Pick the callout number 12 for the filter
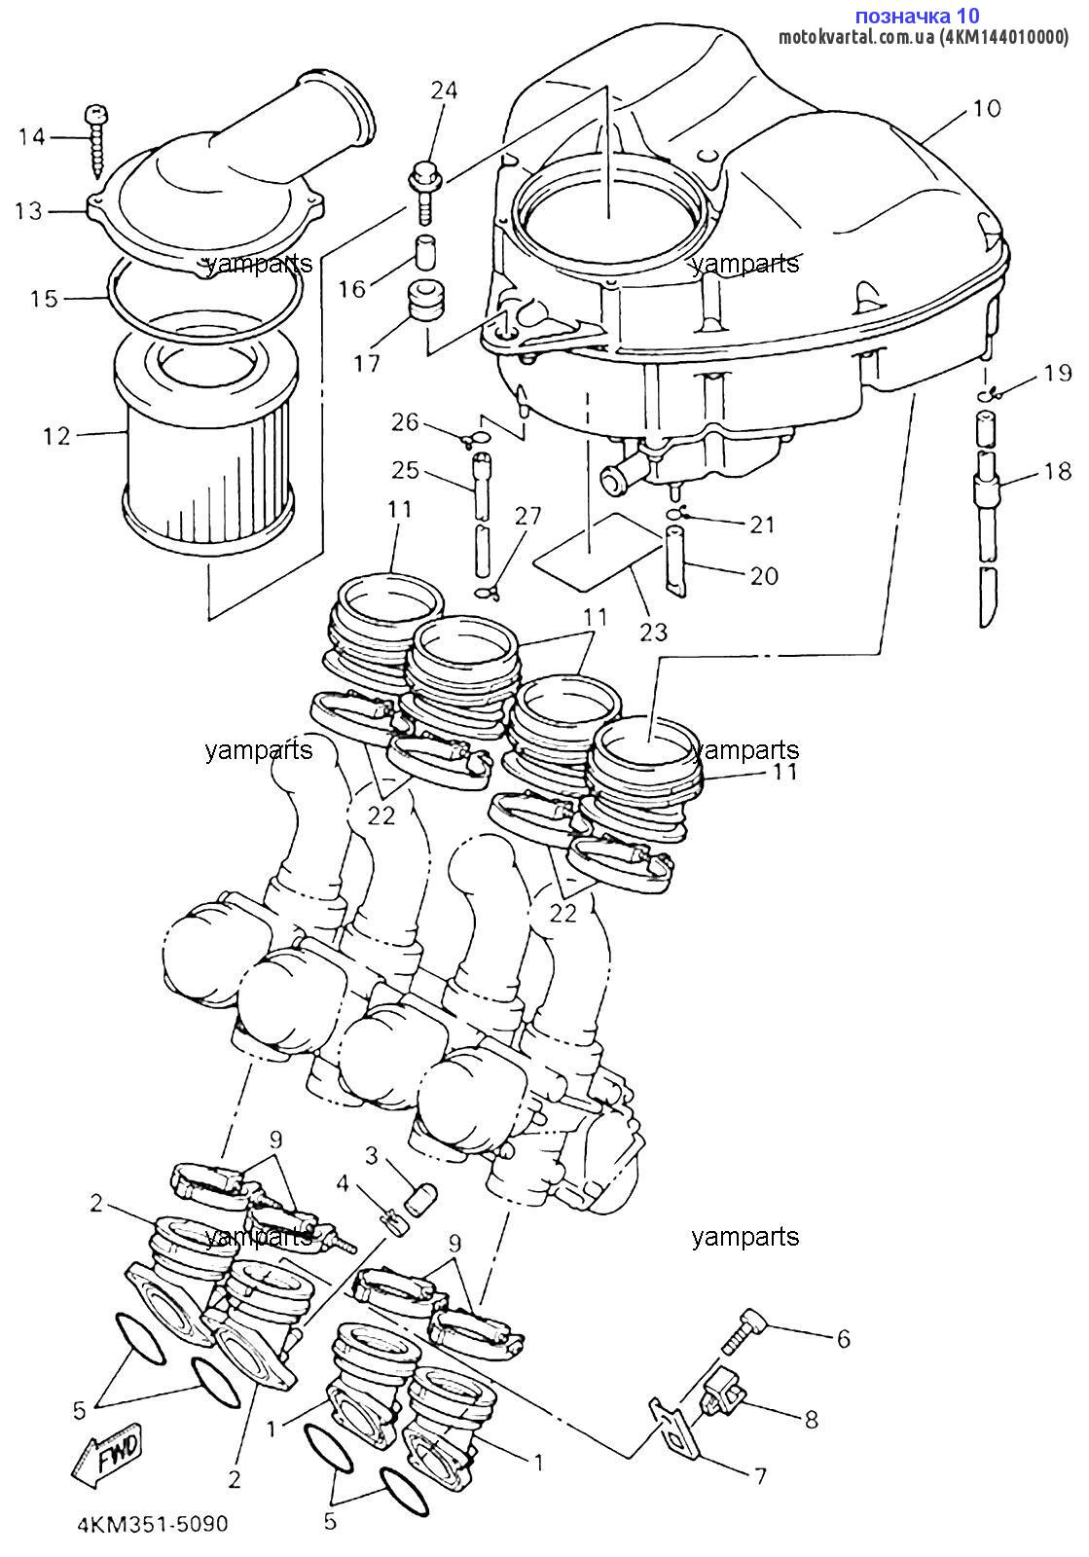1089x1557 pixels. [x=57, y=437]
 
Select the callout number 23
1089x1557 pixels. [x=653, y=632]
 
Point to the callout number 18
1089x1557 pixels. [x=1057, y=472]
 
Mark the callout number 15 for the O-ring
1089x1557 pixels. [x=44, y=299]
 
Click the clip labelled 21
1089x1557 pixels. [x=677, y=514]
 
